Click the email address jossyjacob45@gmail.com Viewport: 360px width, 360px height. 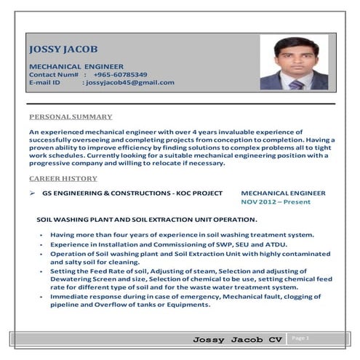pyautogui.click(x=130, y=82)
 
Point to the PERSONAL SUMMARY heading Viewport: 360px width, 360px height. pyautogui.click(x=71, y=116)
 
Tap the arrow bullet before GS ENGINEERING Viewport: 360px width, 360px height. pyautogui.click(x=33, y=193)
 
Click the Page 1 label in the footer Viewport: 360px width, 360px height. pyautogui.click(x=300, y=338)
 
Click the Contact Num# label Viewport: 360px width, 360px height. pyautogui.click(x=54, y=74)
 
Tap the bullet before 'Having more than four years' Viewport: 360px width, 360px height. pyautogui.click(x=42, y=235)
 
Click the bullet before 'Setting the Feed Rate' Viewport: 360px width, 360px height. pyautogui.click(x=42, y=271)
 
